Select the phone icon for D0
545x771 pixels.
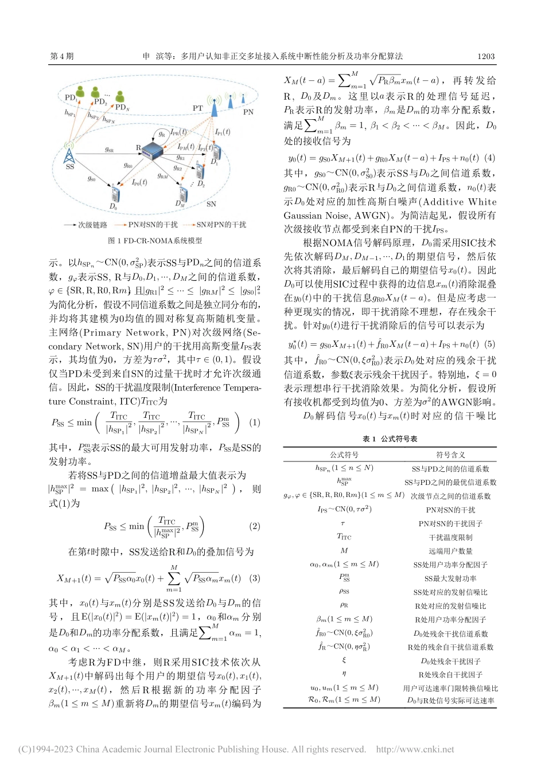pos(116,194)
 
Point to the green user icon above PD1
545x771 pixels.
pos(81,92)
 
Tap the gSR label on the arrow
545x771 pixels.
pos(109,150)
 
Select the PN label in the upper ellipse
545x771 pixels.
pos(248,112)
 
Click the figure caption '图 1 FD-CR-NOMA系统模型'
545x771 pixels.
pos(155,241)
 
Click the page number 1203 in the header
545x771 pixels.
pos(485,56)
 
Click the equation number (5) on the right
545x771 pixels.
pos(489,344)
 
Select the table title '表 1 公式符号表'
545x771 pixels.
pos(390,439)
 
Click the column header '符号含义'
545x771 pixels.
pos(450,455)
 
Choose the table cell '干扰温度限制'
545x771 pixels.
pos(450,537)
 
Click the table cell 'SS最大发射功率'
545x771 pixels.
pos(450,578)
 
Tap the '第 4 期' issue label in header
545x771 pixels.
pos(62,56)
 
